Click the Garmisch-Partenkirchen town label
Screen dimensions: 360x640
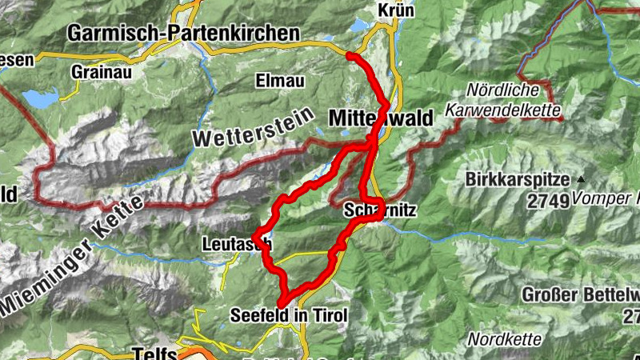183,34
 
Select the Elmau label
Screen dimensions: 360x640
275,80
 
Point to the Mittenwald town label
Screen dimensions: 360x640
381,118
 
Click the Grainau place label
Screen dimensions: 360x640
100,71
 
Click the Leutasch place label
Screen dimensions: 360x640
238,242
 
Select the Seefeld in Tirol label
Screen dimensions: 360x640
289,316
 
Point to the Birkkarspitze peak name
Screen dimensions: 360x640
517,180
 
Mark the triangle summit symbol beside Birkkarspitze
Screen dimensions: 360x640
581,179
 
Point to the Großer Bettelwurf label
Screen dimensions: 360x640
579,294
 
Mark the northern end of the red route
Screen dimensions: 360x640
350,55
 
